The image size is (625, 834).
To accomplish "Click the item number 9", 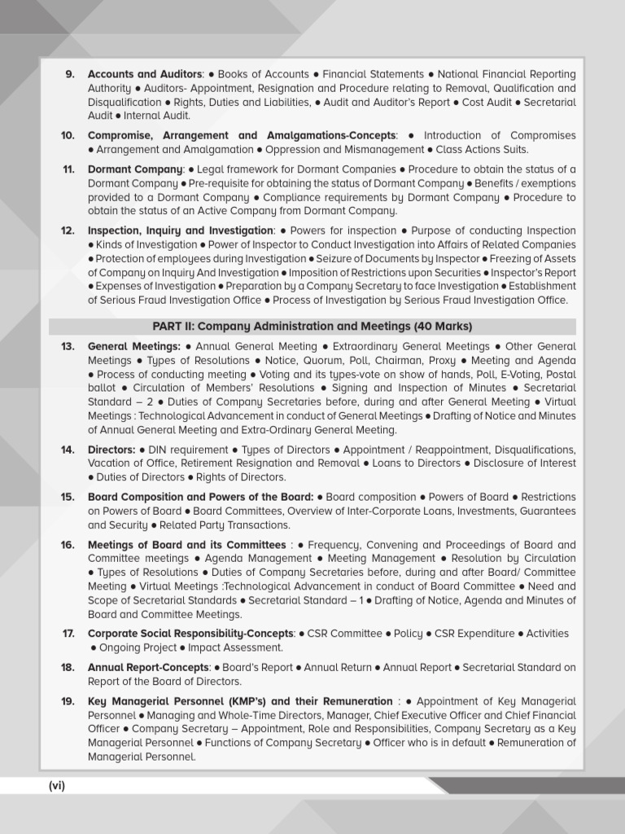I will point(70,75).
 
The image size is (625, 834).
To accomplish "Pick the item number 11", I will point(68,169).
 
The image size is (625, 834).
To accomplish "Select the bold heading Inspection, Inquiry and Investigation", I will point(180,231).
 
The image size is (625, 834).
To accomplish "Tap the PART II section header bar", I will point(312,327).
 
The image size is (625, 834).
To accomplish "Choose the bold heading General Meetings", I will point(133,347).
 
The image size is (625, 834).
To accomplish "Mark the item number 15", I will point(68,497).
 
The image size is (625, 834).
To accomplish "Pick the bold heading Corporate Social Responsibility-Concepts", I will point(190,634).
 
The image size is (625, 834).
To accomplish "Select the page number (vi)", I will point(56,786).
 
